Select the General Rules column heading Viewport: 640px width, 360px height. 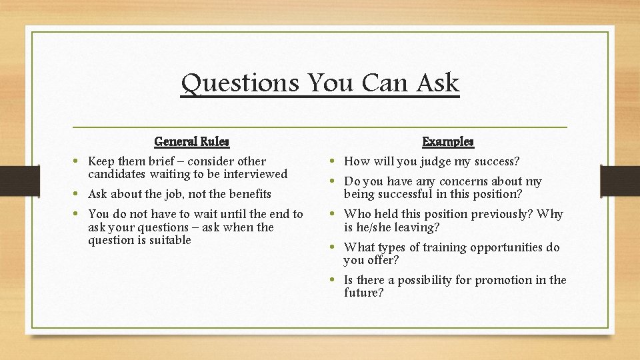pos(191,141)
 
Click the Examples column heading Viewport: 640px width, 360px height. pos(448,141)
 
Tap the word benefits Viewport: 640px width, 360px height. pos(248,194)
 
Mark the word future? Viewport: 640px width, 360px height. pos(363,293)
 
